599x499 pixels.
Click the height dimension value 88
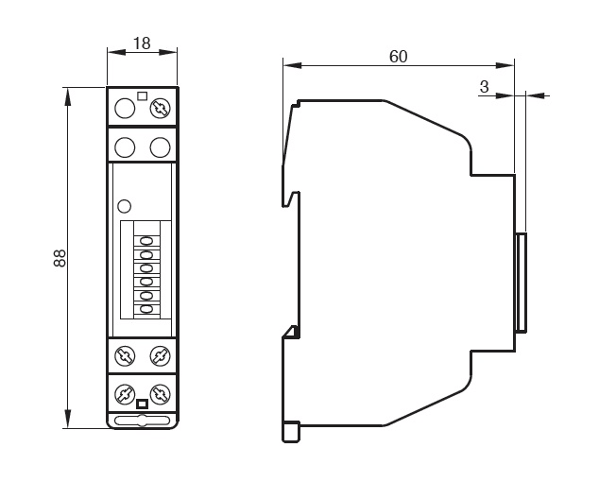tap(59, 259)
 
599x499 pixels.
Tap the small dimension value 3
tap(485, 87)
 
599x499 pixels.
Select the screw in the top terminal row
tap(160, 109)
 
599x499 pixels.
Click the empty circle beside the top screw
tap(124, 109)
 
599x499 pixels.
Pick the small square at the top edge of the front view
tap(142, 94)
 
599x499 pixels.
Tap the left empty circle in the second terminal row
tap(124, 147)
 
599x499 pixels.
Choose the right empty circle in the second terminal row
tap(160, 147)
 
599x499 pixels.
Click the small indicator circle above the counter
tap(123, 206)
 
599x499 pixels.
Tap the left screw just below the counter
tap(124, 356)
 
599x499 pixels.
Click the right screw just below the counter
tap(160, 356)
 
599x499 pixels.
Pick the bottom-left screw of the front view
tap(124, 393)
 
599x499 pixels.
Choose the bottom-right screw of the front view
tap(160, 393)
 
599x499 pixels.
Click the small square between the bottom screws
tap(142, 404)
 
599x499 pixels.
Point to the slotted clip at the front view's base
tap(142, 419)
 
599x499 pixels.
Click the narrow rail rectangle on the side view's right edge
tap(521, 282)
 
